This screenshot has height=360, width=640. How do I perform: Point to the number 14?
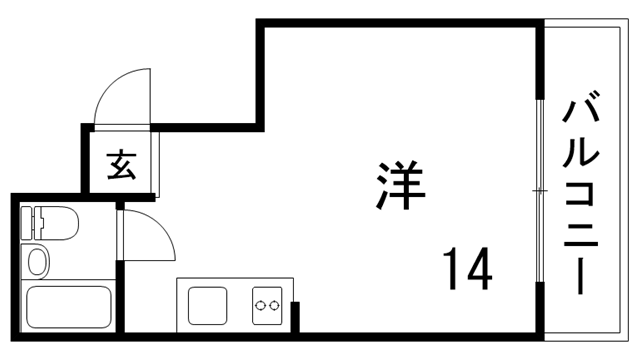click(467, 267)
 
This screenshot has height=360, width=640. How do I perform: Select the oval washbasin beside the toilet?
click(37, 262)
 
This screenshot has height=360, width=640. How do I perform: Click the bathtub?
click(68, 306)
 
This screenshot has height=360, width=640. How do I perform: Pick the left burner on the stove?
click(260, 305)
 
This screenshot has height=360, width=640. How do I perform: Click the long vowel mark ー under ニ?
click(581, 276)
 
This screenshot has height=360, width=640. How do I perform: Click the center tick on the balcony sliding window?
click(541, 190)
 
